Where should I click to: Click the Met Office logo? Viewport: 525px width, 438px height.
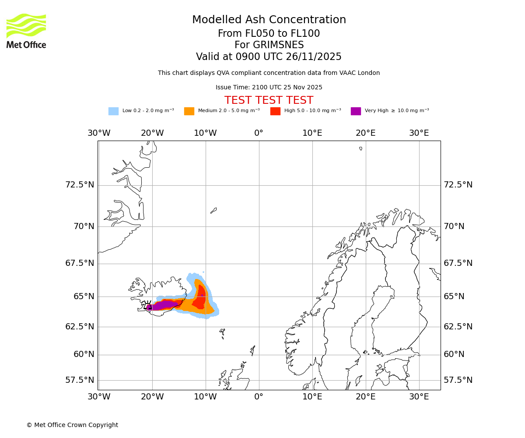click(x=26, y=31)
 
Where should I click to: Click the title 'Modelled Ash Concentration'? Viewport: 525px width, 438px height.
click(x=269, y=20)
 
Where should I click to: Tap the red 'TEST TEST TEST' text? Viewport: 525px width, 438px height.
click(x=269, y=100)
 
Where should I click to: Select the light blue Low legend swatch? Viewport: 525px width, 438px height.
click(x=113, y=111)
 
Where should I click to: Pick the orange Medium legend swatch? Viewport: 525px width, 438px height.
click(x=189, y=111)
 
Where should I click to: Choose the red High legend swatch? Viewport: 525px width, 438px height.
click(x=275, y=111)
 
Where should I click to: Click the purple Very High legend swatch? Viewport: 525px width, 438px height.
click(x=356, y=111)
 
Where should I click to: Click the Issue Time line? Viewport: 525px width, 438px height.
click(x=269, y=87)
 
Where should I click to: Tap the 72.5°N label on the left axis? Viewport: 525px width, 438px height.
click(x=80, y=185)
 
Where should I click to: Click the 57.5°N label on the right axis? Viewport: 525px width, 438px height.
click(x=458, y=380)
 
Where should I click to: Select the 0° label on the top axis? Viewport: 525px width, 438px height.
click(x=259, y=133)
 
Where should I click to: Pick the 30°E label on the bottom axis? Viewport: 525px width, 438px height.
click(x=419, y=397)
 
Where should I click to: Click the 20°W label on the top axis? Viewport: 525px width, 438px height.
click(x=152, y=133)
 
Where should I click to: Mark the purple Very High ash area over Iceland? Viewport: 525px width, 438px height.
click(x=164, y=305)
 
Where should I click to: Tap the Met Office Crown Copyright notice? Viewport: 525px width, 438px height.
click(x=72, y=425)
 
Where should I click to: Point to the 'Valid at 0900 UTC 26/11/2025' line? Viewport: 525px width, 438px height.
click(x=269, y=57)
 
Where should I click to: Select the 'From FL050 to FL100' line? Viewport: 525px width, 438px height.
click(x=269, y=34)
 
